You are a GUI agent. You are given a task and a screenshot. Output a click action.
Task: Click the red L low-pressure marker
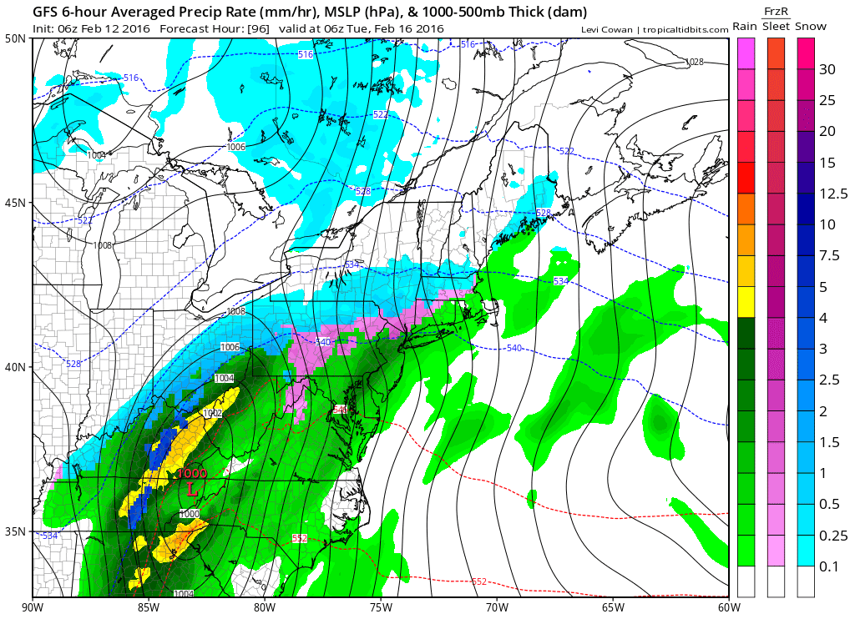tap(193, 488)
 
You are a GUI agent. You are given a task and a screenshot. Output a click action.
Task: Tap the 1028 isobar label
tap(695, 63)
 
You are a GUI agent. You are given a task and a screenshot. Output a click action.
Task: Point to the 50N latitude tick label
tap(15, 39)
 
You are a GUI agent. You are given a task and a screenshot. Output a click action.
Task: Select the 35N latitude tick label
tap(15, 531)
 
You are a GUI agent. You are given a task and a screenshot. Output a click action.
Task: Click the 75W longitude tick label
tap(381, 606)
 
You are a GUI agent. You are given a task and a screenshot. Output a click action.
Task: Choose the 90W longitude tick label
tap(33, 606)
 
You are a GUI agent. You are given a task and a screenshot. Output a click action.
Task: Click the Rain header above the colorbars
tap(745, 27)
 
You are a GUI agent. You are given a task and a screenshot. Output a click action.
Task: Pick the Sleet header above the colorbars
tap(776, 27)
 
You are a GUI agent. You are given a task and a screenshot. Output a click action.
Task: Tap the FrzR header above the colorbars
tap(776, 12)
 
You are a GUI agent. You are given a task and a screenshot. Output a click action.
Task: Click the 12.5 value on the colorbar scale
tap(832, 194)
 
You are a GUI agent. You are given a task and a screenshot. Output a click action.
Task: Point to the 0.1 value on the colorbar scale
tap(828, 567)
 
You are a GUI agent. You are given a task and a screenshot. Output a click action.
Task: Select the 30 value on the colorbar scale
tap(827, 70)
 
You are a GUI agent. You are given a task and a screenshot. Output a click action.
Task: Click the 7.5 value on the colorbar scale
tap(829, 256)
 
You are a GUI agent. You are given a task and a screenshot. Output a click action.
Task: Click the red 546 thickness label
tap(339, 410)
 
